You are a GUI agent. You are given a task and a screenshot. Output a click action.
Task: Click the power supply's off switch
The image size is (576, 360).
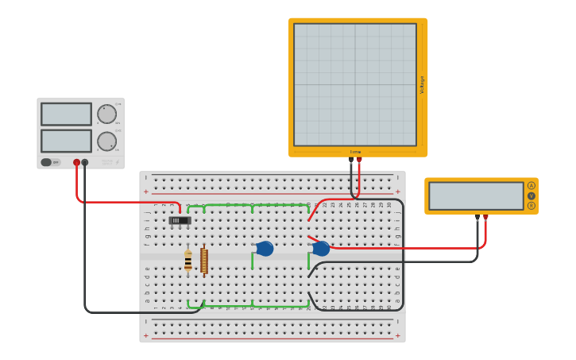[x=48, y=162]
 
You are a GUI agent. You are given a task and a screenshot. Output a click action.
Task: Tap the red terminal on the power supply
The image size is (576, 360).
[x=76, y=162]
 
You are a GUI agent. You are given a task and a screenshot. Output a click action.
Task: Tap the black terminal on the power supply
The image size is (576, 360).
[x=85, y=162]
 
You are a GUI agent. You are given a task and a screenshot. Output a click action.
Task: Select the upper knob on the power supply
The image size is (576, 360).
[x=106, y=114]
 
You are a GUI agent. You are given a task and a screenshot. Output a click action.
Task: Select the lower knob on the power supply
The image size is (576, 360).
[x=106, y=141]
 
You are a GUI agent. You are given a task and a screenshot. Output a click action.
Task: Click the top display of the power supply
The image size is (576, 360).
[x=66, y=114]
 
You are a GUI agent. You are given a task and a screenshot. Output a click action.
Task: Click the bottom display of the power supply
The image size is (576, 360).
[x=66, y=141]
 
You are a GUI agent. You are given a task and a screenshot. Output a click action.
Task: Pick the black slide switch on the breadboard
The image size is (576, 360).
[x=180, y=220]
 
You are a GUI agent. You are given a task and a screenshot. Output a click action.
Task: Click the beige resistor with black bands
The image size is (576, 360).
[x=188, y=261]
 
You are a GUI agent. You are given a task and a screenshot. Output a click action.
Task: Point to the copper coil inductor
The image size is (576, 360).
[x=204, y=261]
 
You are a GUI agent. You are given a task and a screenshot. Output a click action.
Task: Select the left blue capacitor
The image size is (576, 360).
[x=265, y=249]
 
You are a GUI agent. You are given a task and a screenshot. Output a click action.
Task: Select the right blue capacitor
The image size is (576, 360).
[x=321, y=249]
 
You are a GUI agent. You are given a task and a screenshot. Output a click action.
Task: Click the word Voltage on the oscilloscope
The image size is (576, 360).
[x=422, y=85]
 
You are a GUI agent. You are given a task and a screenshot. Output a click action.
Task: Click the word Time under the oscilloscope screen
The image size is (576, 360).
[x=355, y=152]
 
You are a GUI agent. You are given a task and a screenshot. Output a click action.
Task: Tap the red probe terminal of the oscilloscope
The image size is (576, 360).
[x=359, y=159]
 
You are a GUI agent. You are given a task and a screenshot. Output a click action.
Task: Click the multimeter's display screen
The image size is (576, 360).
[x=476, y=195]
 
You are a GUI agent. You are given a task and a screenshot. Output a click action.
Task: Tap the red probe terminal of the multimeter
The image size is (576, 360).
[x=485, y=216]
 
